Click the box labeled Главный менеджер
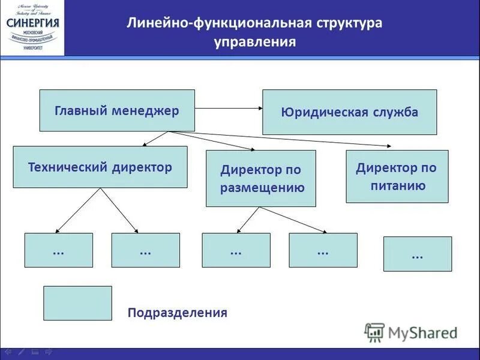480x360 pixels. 117,110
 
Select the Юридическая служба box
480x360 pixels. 349,112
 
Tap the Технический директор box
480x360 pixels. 100,167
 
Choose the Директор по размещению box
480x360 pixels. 260,179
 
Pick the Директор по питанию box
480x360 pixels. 397,176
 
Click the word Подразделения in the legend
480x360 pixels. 177,313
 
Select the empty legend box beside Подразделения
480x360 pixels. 77,303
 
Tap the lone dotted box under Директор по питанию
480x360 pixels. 417,254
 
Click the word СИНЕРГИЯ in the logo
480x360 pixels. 32,23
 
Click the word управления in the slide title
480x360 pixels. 255,42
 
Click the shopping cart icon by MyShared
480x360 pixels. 374,332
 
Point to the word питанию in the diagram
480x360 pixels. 397,185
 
